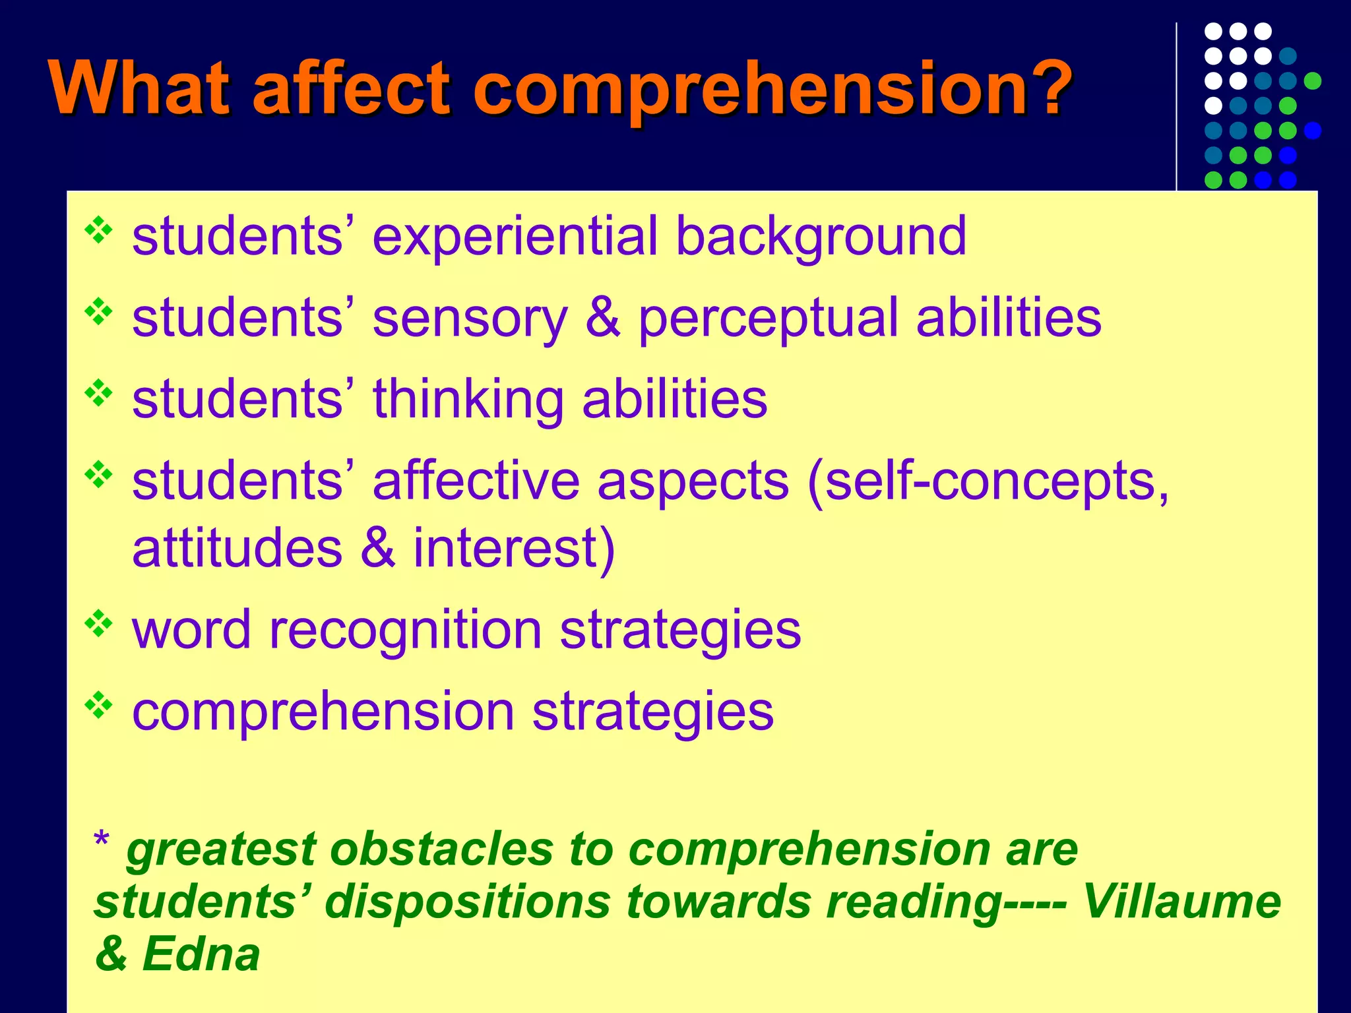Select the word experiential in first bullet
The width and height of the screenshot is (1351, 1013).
515,237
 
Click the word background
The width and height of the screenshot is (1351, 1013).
821,237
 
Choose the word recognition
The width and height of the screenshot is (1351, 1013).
405,630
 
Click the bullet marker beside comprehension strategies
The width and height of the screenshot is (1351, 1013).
99,705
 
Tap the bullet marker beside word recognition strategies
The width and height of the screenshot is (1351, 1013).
99,623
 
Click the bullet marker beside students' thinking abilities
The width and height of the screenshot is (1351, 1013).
99,393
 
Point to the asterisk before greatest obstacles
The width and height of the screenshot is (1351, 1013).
102,841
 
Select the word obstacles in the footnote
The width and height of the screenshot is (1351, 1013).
441,849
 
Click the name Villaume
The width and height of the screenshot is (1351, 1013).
1181,902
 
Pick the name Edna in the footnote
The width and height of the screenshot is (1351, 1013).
201,955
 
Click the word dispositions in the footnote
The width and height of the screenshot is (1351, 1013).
468,902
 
